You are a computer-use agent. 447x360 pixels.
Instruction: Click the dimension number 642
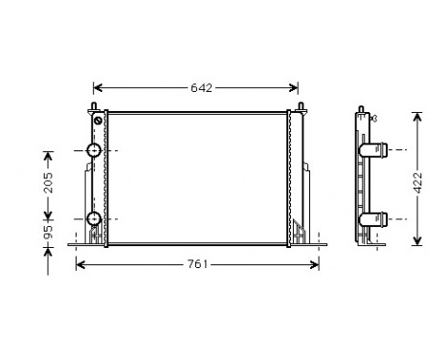click(x=200, y=88)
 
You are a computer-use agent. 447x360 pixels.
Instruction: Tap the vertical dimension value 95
click(x=49, y=232)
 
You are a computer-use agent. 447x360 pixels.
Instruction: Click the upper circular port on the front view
click(x=94, y=150)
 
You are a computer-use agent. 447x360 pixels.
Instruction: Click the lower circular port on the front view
click(x=94, y=219)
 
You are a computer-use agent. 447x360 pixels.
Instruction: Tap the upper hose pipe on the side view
click(x=375, y=150)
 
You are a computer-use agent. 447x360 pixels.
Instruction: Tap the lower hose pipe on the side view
click(x=375, y=218)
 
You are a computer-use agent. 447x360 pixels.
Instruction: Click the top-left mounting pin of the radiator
click(x=94, y=105)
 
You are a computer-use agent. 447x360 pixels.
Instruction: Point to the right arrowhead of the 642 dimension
click(x=300, y=87)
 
